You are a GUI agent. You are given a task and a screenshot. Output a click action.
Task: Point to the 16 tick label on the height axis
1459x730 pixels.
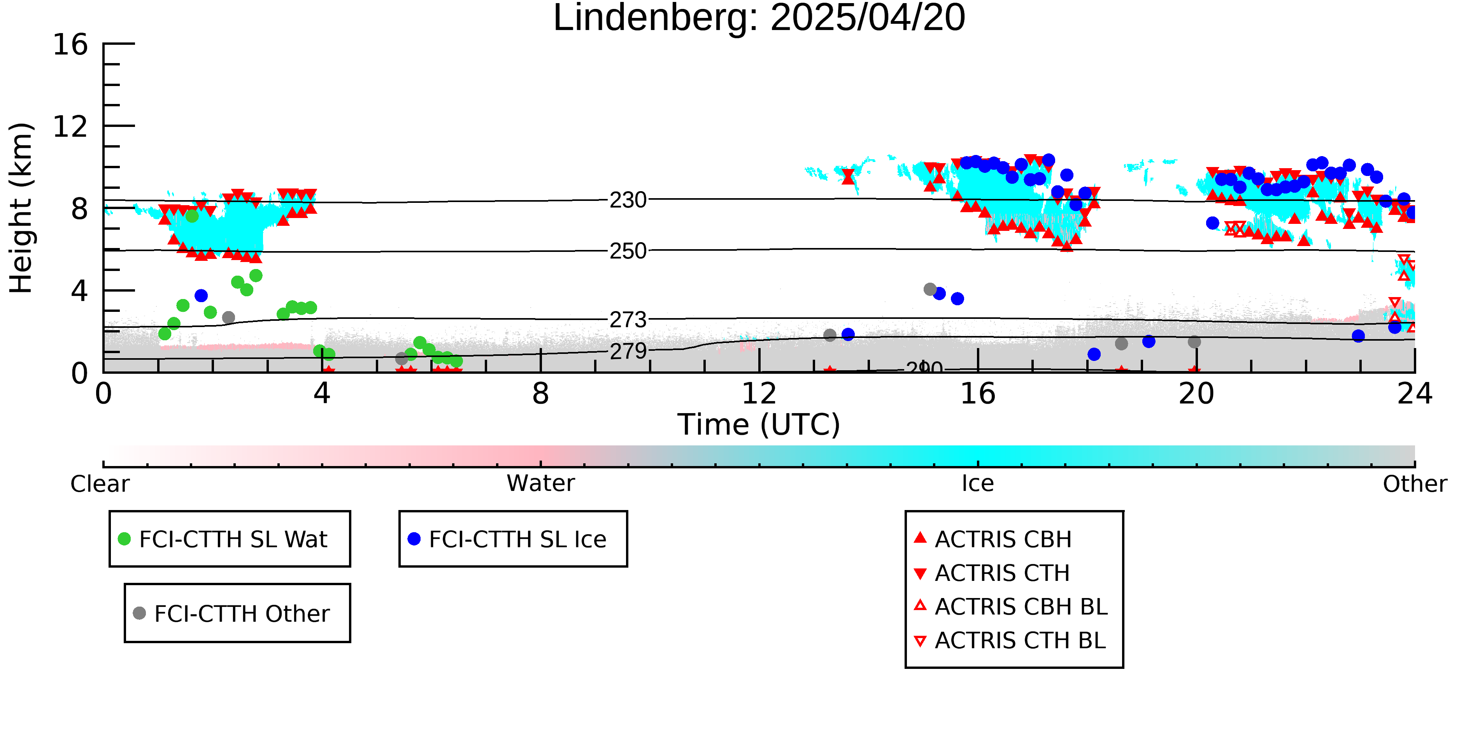click(x=70, y=45)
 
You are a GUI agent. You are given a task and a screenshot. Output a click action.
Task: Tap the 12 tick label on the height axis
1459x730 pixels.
click(x=70, y=127)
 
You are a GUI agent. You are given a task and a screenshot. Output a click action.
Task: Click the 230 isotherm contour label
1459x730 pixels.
click(x=628, y=200)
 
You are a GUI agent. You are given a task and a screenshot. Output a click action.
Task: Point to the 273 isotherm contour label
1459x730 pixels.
click(x=628, y=320)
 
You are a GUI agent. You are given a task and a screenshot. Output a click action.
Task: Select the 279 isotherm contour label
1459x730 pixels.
click(x=628, y=352)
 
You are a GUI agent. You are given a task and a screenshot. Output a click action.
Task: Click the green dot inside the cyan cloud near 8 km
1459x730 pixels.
click(x=192, y=216)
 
